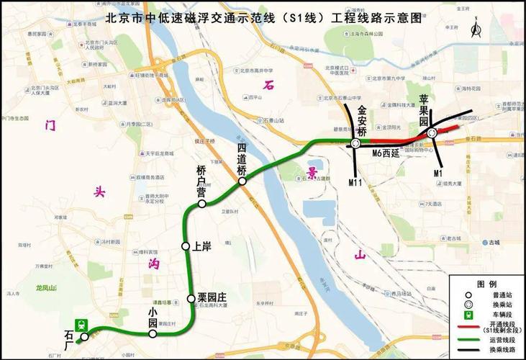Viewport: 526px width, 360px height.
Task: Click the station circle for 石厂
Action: coord(84,336)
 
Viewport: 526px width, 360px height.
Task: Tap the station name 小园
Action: coord(153,318)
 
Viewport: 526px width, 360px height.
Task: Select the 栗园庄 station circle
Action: coord(191,298)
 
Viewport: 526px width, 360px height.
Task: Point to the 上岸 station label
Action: coord(202,247)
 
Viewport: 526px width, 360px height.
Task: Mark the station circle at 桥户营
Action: coord(202,204)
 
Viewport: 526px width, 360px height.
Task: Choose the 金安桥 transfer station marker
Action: coord(356,144)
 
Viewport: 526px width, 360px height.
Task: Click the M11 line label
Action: coord(355,182)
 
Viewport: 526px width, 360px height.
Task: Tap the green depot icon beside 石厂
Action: coord(83,324)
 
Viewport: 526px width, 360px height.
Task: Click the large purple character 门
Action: coord(50,125)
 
